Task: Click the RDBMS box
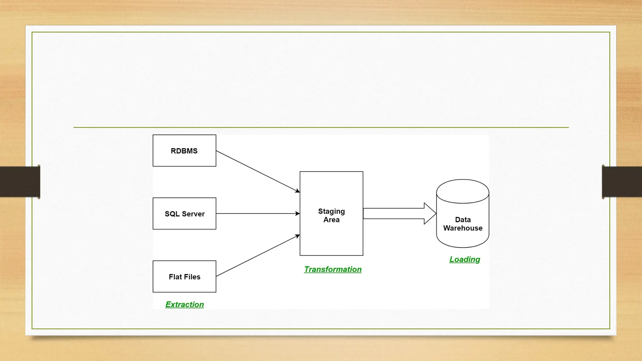coord(184,151)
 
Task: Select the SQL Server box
coord(184,214)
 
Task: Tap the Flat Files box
coord(184,277)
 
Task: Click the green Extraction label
coord(185,305)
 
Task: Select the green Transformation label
coord(333,269)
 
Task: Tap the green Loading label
coord(465,259)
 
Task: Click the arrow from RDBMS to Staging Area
coord(258,171)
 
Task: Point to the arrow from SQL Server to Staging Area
coord(258,214)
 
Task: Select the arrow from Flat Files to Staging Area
coord(258,256)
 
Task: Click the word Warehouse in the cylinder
coord(463,228)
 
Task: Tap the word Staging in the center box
coord(331,212)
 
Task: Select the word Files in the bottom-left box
coord(192,277)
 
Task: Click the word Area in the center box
coord(331,220)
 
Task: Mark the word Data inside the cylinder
coord(463,220)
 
